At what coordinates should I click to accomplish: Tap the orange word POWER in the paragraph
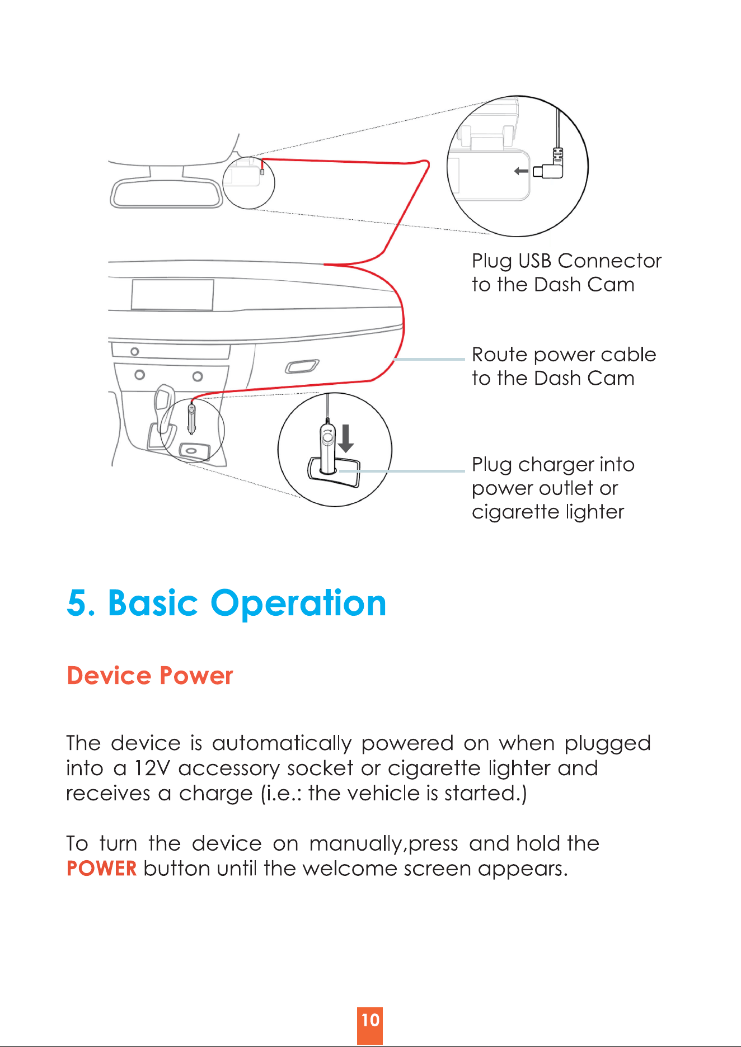point(101,869)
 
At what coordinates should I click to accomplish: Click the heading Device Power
point(149,676)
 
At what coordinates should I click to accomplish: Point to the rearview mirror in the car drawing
point(166,193)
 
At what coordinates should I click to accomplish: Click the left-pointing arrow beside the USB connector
point(521,171)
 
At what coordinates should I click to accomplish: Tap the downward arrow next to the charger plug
point(346,438)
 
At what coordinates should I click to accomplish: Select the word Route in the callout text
point(500,355)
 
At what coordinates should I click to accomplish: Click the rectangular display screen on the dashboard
point(172,295)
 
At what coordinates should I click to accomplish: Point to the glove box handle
point(302,366)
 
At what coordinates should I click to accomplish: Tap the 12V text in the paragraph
point(152,768)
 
